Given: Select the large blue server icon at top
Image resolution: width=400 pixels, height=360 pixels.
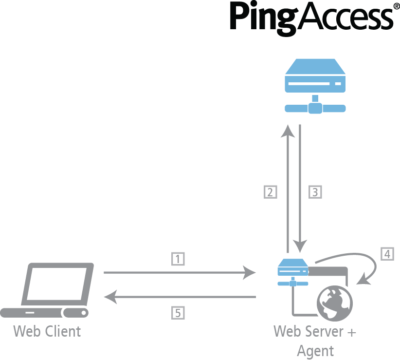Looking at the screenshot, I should [x=315, y=85].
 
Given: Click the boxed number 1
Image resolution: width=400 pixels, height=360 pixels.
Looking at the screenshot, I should [x=178, y=259].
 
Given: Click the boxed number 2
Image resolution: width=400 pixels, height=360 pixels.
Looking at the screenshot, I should [x=270, y=191].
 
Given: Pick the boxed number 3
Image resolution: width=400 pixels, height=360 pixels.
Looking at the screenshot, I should [x=315, y=191].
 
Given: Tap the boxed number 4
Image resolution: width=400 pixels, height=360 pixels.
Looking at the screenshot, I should [x=387, y=253].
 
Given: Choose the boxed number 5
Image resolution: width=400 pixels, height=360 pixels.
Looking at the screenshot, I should [x=178, y=313].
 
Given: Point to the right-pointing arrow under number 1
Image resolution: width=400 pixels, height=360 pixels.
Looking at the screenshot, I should [x=180, y=273].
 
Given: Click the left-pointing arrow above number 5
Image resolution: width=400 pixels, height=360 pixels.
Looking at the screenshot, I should [x=180, y=296].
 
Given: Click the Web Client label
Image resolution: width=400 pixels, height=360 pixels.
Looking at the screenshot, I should [x=47, y=332].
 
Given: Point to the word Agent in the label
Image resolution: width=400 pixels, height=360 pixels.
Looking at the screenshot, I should [x=315, y=351].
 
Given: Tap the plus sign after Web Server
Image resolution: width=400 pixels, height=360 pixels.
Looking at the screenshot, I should [x=351, y=332].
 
